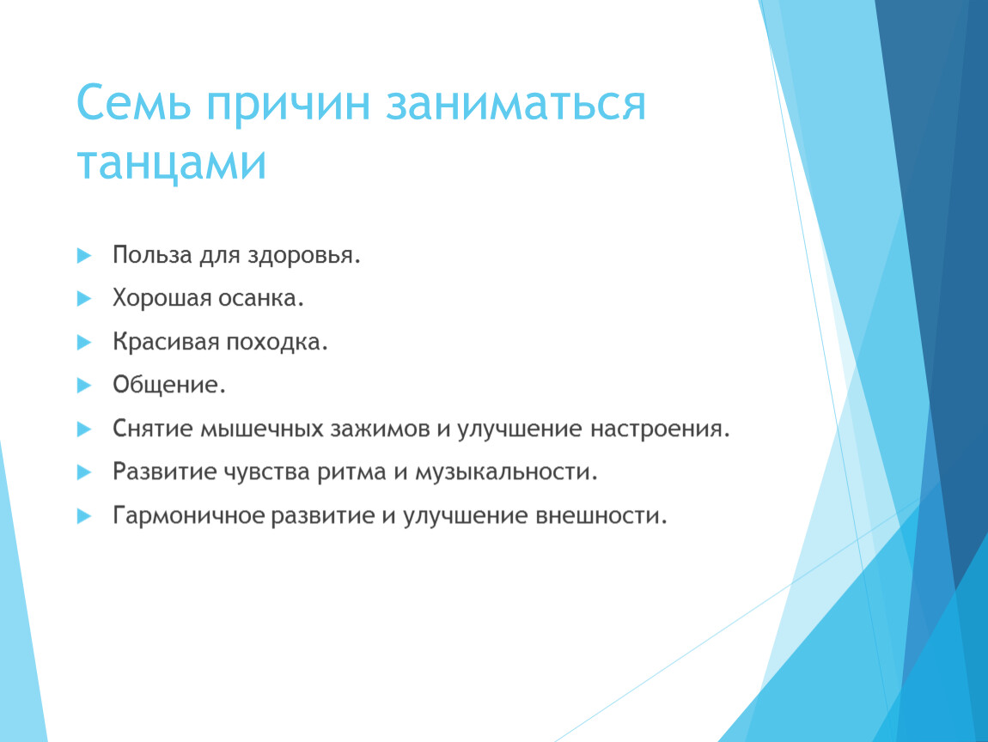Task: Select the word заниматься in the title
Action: pyautogui.click(x=515, y=104)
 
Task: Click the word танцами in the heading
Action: pyautogui.click(x=171, y=163)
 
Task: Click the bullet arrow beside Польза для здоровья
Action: pyautogui.click(x=84, y=255)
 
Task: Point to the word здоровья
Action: pyautogui.click(x=304, y=255)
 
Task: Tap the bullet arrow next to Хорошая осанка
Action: pyautogui.click(x=84, y=299)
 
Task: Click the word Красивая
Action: pyautogui.click(x=167, y=342)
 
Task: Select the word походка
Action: pyautogui.click(x=277, y=342)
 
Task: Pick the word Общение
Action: pyautogui.click(x=169, y=385)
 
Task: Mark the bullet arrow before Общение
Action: pyautogui.click(x=84, y=386)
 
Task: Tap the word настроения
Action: pyautogui.click(x=660, y=429)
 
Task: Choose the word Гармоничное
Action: pyautogui.click(x=188, y=515)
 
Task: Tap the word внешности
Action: pyautogui.click(x=601, y=515)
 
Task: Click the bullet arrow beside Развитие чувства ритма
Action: pyautogui.click(x=84, y=472)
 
